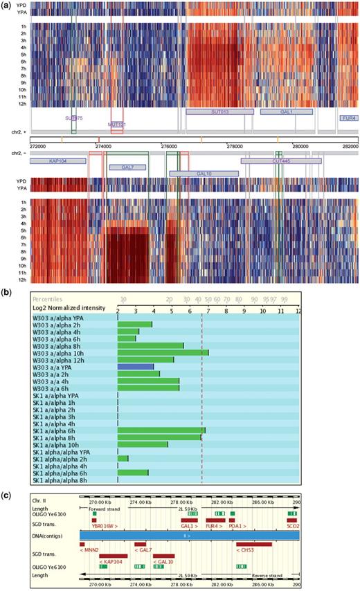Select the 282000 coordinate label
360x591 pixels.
click(350, 146)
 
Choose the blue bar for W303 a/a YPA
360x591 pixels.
click(136, 365)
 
